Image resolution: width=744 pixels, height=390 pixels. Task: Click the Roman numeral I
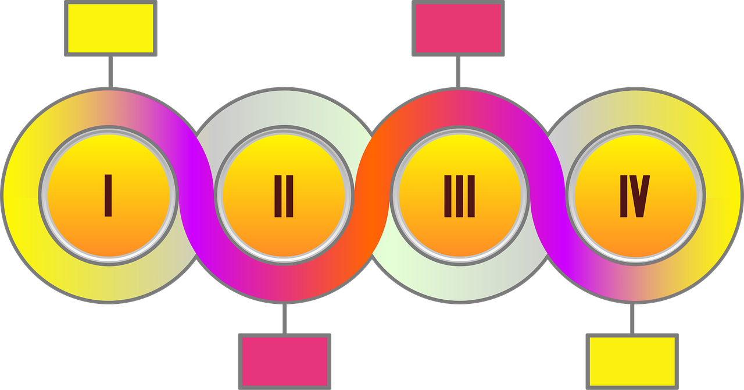108,196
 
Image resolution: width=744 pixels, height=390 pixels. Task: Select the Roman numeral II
284,196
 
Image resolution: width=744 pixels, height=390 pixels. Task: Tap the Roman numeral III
459,196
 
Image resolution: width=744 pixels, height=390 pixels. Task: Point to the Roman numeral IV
635,196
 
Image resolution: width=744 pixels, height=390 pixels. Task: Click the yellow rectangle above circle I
110,29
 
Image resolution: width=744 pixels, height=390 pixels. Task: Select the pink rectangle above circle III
459,29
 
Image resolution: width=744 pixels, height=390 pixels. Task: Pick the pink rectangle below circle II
285,361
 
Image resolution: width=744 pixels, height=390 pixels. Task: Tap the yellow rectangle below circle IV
632,361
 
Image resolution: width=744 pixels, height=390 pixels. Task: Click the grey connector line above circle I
110,72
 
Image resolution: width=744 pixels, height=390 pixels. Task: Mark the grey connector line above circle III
459,72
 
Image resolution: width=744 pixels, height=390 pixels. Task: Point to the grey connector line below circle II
285,318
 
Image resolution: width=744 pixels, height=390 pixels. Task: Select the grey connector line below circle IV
632,318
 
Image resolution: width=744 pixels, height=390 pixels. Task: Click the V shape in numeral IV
639,196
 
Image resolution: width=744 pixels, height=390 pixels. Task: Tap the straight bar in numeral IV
624,196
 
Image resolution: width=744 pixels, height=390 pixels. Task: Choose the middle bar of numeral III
460,196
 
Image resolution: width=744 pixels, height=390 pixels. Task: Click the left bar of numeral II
278,196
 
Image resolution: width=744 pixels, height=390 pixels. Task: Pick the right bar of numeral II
289,196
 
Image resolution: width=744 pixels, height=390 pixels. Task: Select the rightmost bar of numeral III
471,196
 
